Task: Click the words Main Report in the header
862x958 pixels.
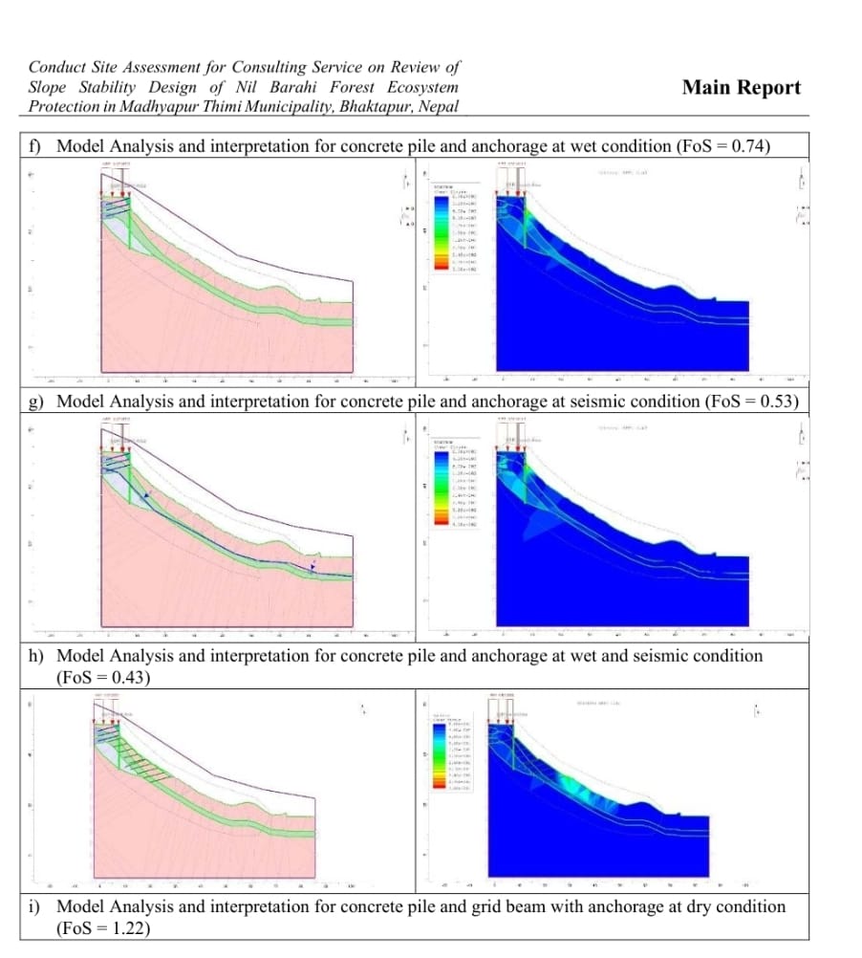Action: coord(741,88)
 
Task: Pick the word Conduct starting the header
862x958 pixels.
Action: coord(57,67)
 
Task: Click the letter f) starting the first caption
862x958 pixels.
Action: coord(35,146)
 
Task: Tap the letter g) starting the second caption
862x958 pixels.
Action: coord(35,401)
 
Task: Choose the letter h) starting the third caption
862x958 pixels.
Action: coord(35,656)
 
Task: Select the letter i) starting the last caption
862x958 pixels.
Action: coord(34,906)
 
